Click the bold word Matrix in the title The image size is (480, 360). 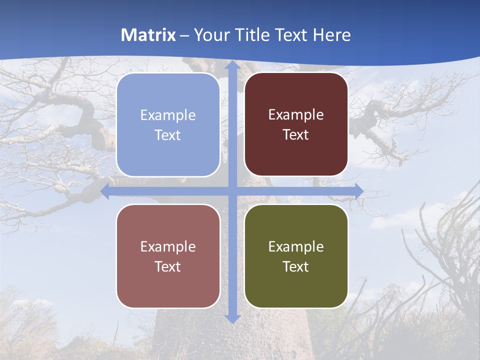148,35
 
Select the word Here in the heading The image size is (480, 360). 331,35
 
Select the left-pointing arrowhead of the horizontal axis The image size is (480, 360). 105,191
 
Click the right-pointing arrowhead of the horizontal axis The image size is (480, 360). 358,191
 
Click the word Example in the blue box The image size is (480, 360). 168,115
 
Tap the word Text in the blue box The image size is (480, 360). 168,135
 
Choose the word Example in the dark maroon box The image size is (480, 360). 296,115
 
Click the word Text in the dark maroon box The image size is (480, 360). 296,135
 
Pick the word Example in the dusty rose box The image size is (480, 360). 168,247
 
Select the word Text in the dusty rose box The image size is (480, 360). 168,267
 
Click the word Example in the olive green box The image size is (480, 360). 296,247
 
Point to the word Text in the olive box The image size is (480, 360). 296,267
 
